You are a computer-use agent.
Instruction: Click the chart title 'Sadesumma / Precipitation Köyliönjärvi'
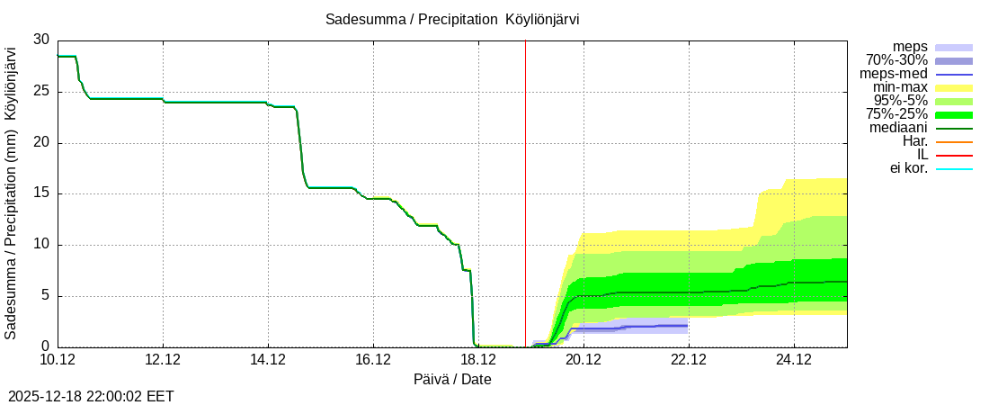pos(459,19)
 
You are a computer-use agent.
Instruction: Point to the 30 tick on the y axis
pos(41,40)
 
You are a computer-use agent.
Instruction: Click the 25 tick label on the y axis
pos(41,91)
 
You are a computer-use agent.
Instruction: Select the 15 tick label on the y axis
pos(41,193)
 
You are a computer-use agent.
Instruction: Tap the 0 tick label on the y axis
pos(45,346)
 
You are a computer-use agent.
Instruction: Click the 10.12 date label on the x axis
pos(58,360)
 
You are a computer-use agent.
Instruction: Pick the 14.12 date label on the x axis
pos(267,360)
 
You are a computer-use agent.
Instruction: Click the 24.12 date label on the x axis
pos(793,360)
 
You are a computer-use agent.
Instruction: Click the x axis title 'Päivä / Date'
pos(452,379)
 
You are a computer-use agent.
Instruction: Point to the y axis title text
pos(11,193)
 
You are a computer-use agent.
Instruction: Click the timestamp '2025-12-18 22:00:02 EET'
pos(91,396)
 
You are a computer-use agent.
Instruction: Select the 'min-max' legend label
pos(900,87)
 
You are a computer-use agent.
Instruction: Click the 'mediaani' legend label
pos(898,128)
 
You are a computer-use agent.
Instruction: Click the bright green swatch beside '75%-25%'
pos(954,114)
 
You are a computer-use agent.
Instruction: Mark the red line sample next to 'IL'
pos(954,155)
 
